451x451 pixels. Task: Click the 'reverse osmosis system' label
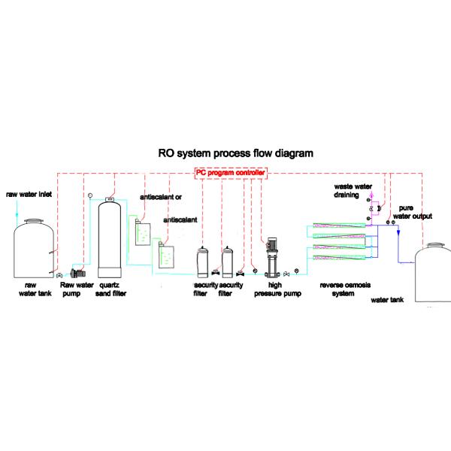[x=343, y=289]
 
